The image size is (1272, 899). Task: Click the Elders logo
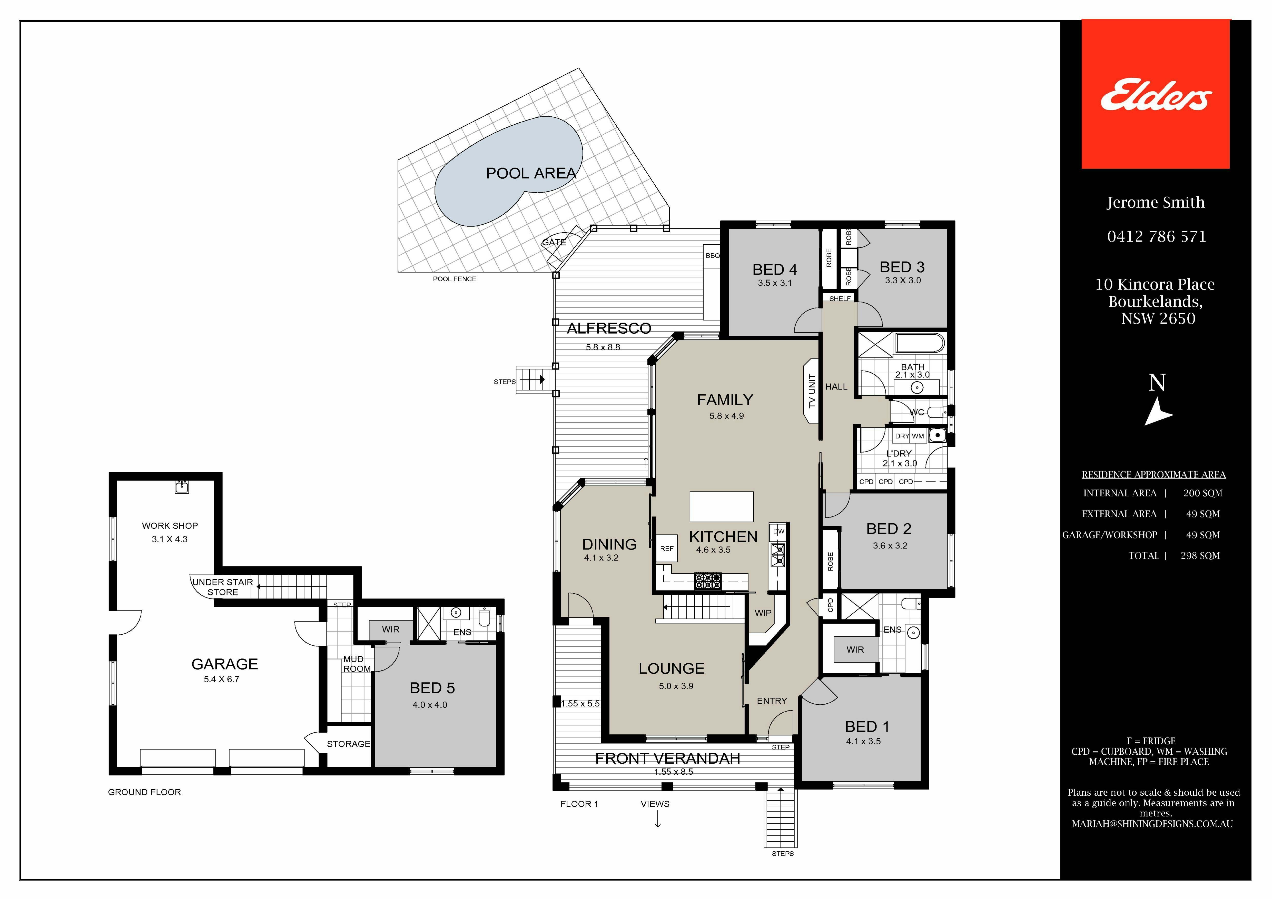pyautogui.click(x=1156, y=94)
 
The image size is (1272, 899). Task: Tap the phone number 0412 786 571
pyautogui.click(x=1156, y=236)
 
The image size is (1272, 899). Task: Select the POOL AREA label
pyautogui.click(x=531, y=173)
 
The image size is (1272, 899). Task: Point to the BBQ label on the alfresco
pyautogui.click(x=713, y=255)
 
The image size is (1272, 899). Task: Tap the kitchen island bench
pyautogui.click(x=721, y=506)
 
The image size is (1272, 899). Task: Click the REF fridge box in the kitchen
pyautogui.click(x=666, y=548)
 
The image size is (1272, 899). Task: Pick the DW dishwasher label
pyautogui.click(x=779, y=531)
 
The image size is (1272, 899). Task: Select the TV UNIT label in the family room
pyautogui.click(x=812, y=391)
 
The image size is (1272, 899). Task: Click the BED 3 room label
pyautogui.click(x=902, y=267)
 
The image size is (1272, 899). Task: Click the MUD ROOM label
pyautogui.click(x=356, y=664)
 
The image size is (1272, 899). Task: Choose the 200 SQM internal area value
pyautogui.click(x=1203, y=493)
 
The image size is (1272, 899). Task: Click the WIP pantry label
pyautogui.click(x=763, y=613)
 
